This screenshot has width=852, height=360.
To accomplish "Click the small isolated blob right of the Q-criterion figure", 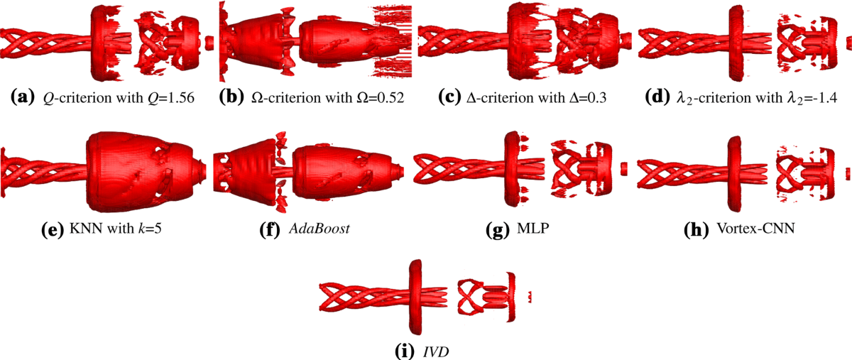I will click(209, 43).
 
